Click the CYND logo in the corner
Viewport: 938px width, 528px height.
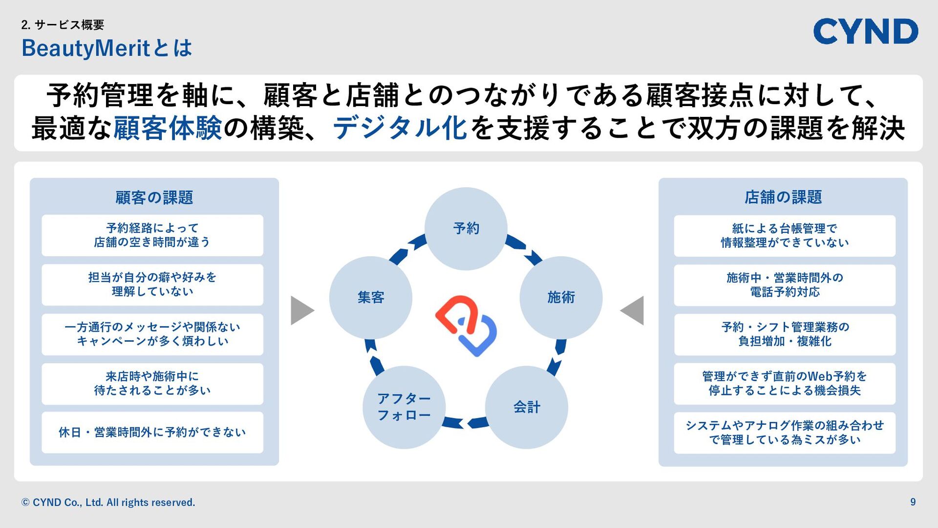pos(865,31)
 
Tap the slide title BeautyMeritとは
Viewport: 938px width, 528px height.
pos(107,48)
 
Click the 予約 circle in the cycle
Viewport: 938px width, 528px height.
pos(466,228)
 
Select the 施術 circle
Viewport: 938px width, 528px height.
pos(560,297)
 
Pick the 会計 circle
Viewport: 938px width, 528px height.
pos(526,407)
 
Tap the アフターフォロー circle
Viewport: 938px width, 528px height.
pos(404,407)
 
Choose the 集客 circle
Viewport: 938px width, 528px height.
pos(371,297)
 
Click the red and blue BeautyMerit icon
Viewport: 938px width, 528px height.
pos(466,326)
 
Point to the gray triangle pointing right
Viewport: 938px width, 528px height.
pos(302,310)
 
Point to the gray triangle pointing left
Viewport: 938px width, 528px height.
pos(633,310)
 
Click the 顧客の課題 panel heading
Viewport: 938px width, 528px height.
pos(154,198)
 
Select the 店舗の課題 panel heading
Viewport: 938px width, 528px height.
pos(783,197)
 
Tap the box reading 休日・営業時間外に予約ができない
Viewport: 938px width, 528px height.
pos(152,432)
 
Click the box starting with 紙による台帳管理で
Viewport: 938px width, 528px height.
pos(785,236)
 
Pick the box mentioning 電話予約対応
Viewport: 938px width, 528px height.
pos(785,285)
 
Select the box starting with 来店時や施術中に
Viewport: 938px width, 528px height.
pos(152,383)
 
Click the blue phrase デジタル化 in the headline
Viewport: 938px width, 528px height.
pos(400,128)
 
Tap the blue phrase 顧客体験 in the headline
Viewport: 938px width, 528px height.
pos(168,128)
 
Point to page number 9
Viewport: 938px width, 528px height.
pos(913,502)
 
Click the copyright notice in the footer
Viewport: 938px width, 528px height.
pos(108,503)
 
